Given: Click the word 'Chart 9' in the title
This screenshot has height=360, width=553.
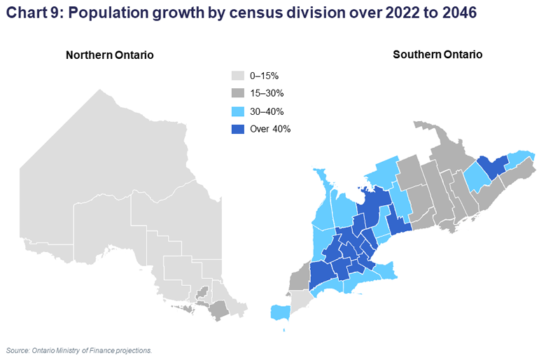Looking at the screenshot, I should pyautogui.click(x=30, y=13).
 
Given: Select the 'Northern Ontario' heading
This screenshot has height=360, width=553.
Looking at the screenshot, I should pyautogui.click(x=110, y=55).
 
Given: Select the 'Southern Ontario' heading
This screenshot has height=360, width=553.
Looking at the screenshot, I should pyautogui.click(x=437, y=55).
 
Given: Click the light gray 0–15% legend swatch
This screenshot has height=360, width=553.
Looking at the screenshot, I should pyautogui.click(x=238, y=76).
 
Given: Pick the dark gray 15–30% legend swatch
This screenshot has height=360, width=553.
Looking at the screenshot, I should pyautogui.click(x=238, y=93).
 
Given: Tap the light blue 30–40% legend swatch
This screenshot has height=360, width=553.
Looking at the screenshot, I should pyautogui.click(x=238, y=111).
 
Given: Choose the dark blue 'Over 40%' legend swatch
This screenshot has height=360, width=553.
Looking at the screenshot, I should pyautogui.click(x=238, y=129).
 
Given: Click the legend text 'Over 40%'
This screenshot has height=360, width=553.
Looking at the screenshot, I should pyautogui.click(x=270, y=129).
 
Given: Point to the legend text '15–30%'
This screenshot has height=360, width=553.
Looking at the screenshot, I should pyautogui.click(x=267, y=93).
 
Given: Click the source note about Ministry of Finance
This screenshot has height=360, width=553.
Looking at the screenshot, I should pyautogui.click(x=78, y=349).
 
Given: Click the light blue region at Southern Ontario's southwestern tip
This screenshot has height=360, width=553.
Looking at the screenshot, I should pyautogui.click(x=281, y=312).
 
